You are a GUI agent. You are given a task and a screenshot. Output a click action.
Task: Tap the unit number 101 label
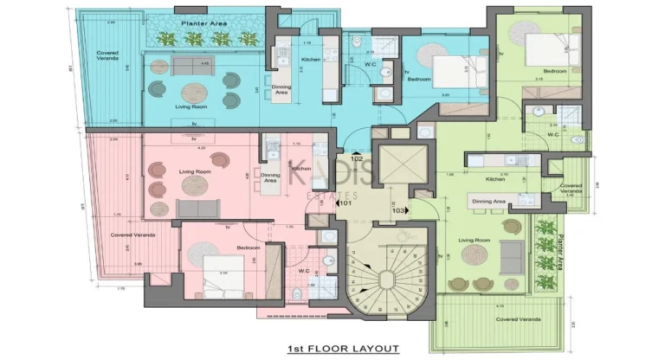344,204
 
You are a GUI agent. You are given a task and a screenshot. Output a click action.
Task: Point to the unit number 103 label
399,210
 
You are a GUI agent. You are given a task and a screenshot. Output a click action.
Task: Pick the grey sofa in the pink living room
198,208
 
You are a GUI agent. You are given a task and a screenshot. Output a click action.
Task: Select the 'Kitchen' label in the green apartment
495,179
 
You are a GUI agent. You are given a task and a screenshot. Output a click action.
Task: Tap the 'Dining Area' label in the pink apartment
270,177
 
